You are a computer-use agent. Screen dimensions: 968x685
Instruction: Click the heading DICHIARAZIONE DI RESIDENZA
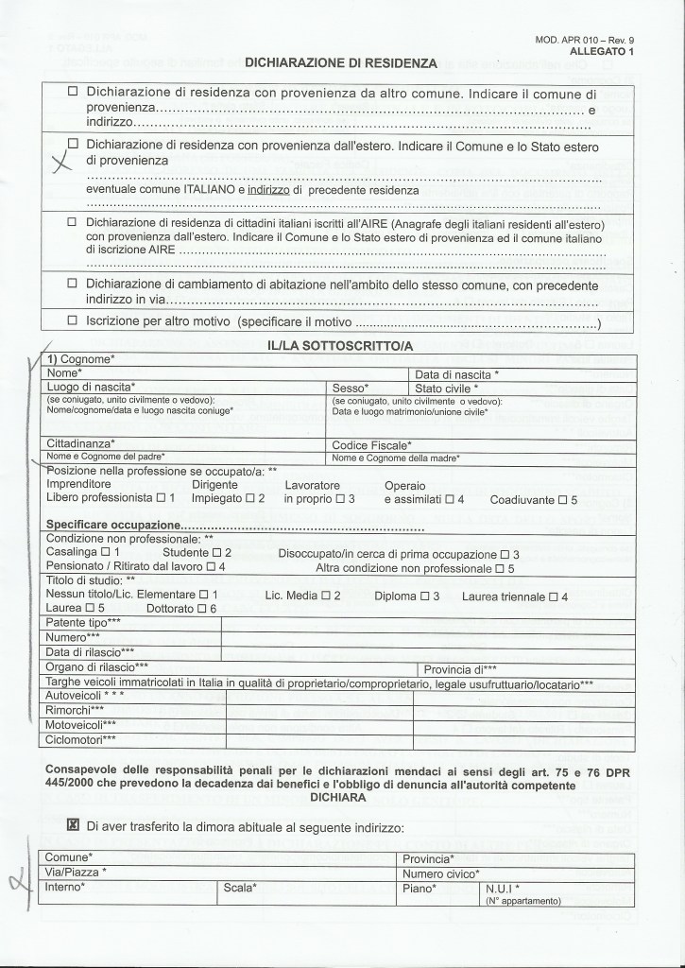tap(341, 63)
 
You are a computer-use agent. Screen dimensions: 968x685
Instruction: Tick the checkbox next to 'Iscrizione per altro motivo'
tap(72, 321)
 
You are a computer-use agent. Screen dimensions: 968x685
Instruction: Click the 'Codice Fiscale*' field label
tap(371, 444)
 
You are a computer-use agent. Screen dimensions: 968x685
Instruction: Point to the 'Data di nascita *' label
tap(457, 374)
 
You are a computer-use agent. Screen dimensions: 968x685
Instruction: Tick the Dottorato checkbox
tap(214, 609)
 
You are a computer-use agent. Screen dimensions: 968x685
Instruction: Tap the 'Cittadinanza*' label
tap(80, 444)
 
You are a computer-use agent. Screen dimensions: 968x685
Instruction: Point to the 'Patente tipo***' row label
tap(83, 622)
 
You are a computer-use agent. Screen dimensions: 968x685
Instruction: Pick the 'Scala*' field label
tap(241, 889)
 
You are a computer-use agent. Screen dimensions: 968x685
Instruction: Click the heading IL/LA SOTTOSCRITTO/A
tap(341, 348)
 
